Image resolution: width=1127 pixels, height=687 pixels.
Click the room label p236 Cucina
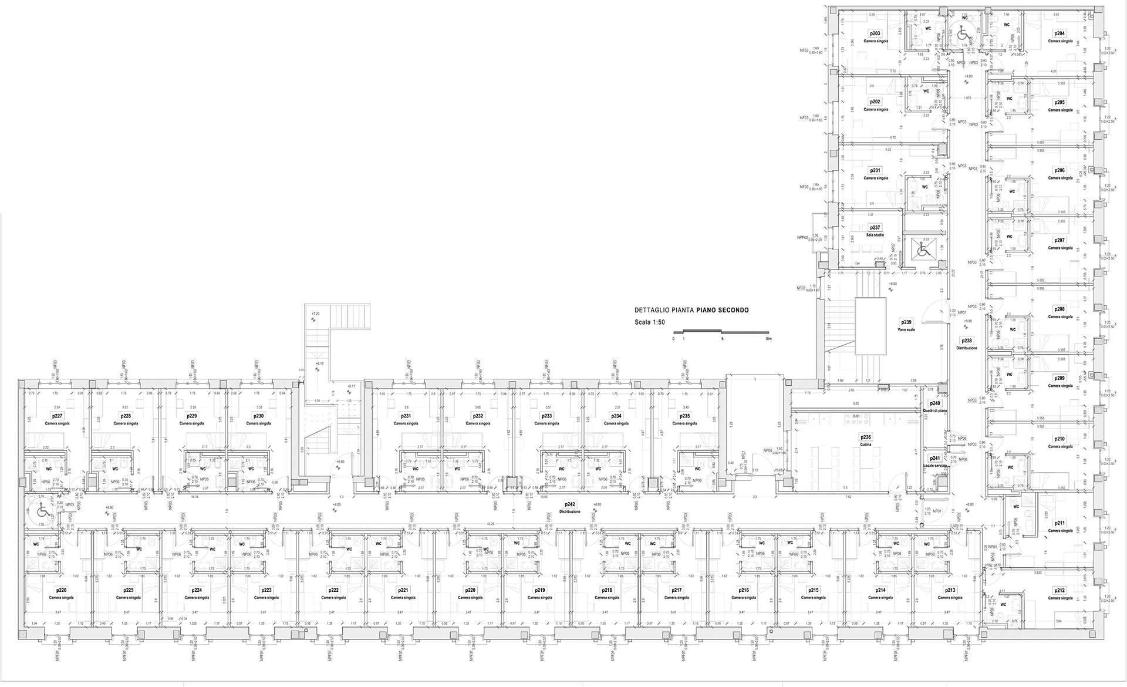(x=866, y=440)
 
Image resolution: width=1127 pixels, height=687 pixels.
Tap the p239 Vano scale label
(x=906, y=325)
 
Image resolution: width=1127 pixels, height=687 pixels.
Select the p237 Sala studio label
(x=875, y=231)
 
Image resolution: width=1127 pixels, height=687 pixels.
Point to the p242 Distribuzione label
(x=569, y=507)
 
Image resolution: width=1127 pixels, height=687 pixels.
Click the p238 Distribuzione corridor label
(x=967, y=344)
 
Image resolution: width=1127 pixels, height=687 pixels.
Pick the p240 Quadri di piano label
(x=934, y=407)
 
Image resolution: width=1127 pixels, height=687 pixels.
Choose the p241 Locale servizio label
(x=934, y=462)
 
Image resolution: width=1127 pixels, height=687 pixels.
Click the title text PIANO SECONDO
(x=723, y=310)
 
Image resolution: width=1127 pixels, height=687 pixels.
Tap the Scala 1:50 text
(x=649, y=322)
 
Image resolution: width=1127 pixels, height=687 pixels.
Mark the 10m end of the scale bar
(x=768, y=339)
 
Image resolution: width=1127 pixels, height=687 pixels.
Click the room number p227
(x=58, y=416)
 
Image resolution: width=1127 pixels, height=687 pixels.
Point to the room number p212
(x=1059, y=591)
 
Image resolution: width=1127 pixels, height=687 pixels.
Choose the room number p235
(x=684, y=416)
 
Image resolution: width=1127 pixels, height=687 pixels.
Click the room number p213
(x=950, y=590)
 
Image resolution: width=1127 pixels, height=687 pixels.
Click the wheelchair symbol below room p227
(x=42, y=508)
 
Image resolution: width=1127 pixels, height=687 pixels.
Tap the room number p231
(x=406, y=416)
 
